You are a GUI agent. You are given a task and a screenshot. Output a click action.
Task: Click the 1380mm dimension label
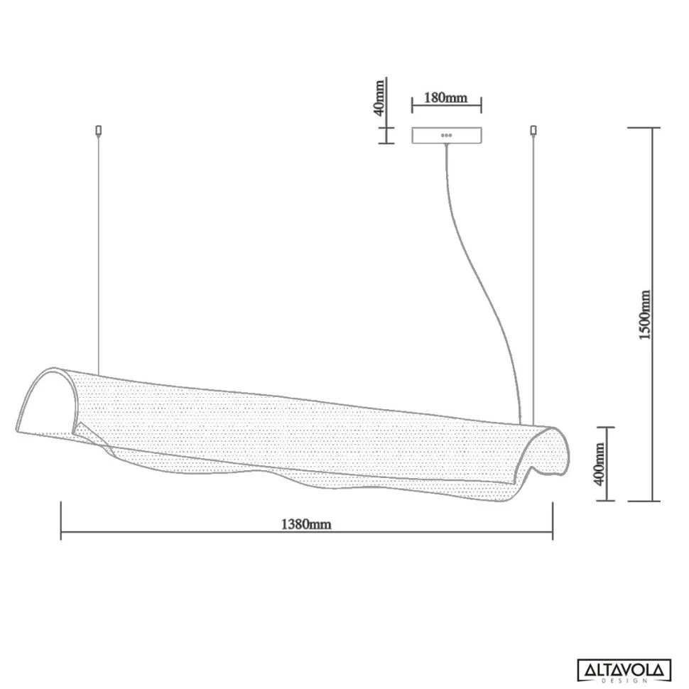coord(306,524)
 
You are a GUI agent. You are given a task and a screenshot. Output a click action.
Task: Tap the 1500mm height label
coord(645,315)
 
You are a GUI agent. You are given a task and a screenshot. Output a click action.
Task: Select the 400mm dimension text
coord(600,464)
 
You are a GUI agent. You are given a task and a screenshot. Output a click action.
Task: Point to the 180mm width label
coord(445,97)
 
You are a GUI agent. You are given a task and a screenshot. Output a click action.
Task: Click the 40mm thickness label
coord(379,97)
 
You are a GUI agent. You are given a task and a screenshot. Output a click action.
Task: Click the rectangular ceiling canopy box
coord(447,136)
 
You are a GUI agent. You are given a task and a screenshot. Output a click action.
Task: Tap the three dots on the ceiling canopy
coord(447,136)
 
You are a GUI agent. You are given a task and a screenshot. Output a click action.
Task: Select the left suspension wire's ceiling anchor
coord(99,130)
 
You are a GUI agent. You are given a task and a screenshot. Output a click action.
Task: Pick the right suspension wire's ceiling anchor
coord(533,130)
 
